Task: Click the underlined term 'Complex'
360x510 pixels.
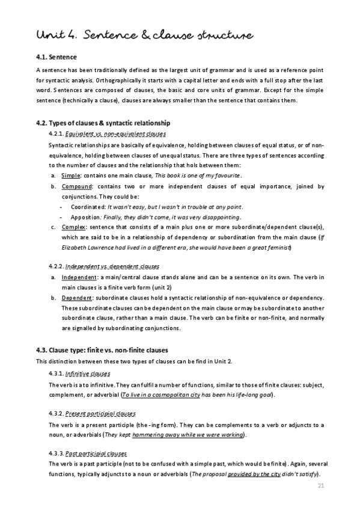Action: tap(73, 227)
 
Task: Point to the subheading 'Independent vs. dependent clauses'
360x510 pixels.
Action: tap(110, 265)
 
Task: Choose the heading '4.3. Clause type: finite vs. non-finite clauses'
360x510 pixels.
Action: tap(102, 350)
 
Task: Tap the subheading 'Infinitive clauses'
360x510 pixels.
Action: tap(85, 373)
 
